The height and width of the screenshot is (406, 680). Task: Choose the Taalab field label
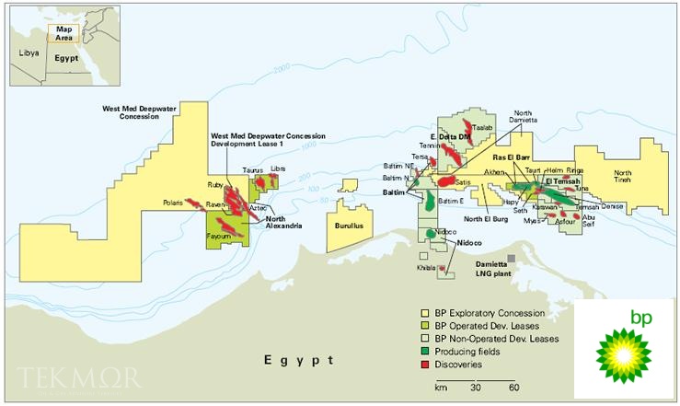483,128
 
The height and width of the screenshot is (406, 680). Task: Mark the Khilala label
426,267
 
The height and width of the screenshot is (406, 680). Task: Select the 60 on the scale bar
514,388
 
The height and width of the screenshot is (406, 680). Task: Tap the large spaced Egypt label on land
298,357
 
